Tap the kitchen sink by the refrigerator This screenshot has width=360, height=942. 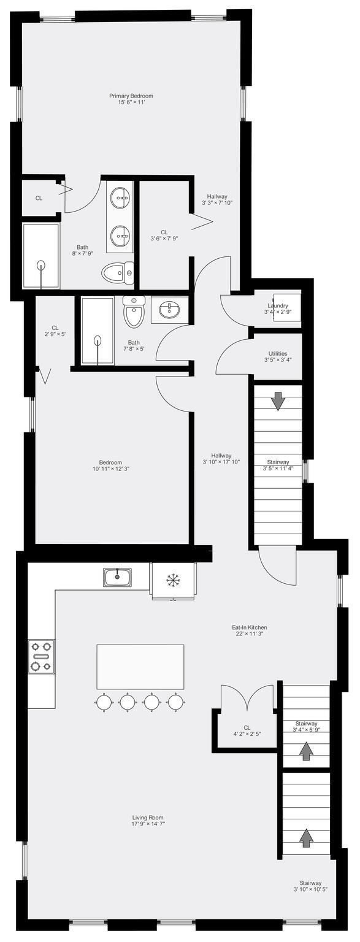118,577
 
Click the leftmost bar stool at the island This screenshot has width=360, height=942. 104,702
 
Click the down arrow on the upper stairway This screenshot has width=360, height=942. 277,400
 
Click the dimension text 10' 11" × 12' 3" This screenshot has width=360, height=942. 110,469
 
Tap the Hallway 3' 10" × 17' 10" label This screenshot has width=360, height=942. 221,459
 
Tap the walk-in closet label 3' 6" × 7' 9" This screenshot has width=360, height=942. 164,235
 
